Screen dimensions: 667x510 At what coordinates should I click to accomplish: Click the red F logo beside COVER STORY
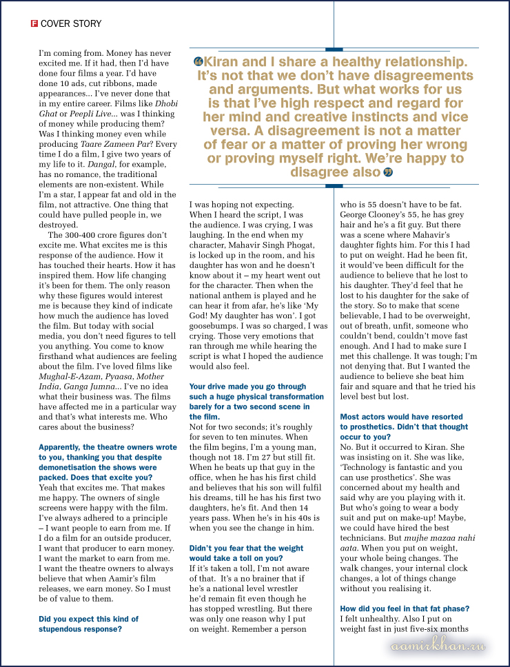(x=34, y=23)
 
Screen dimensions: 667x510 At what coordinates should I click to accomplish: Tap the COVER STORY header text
(x=71, y=23)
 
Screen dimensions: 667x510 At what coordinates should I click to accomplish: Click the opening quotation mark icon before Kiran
(x=199, y=62)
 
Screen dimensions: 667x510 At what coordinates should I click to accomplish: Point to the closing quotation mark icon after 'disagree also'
(x=387, y=172)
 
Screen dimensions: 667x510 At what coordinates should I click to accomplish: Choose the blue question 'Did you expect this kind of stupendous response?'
(x=89, y=624)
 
